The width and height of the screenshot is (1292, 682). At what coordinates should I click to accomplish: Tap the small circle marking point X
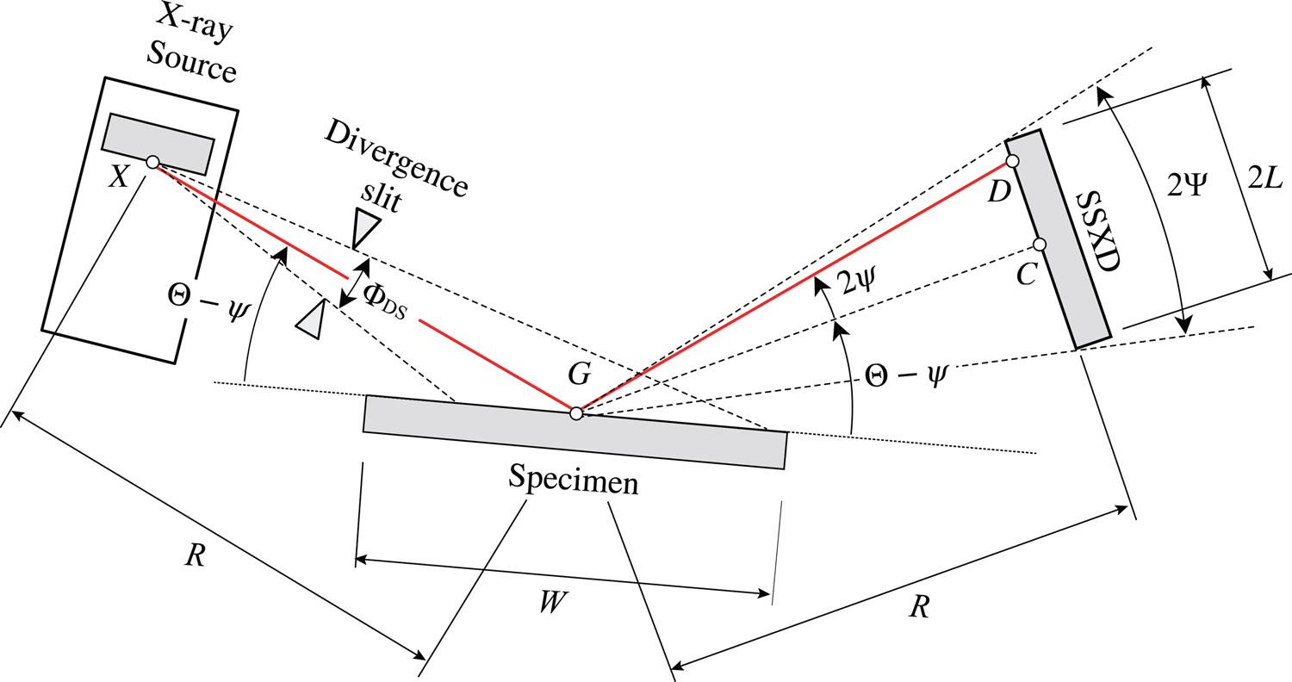152,162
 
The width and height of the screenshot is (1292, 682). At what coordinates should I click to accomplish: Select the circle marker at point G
576,413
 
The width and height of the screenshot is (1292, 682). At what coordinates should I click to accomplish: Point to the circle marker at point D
1013,161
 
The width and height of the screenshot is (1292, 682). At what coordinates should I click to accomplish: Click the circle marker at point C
1040,245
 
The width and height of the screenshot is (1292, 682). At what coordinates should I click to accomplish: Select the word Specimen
574,480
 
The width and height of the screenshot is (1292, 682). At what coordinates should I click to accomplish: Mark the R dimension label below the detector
920,608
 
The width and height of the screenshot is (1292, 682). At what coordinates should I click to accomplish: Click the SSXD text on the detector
1094,232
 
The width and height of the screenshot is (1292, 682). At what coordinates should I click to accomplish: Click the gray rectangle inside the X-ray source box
158,143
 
